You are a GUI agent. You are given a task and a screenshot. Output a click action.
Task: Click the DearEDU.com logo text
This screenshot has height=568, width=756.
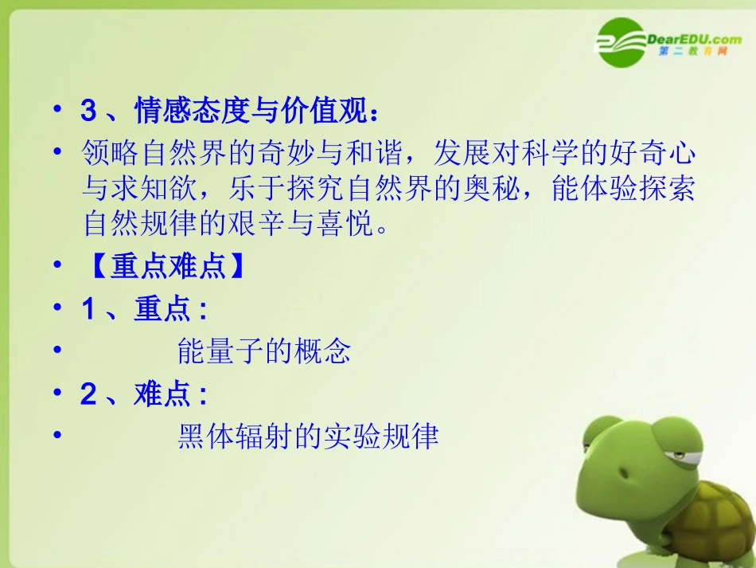689,38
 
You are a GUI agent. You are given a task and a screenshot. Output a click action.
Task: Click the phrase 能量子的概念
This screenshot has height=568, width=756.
264,351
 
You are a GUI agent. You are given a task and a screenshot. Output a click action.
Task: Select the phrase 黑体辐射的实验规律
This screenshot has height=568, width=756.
308,436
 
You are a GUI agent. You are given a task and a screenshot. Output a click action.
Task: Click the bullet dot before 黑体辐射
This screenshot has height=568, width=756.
57,436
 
